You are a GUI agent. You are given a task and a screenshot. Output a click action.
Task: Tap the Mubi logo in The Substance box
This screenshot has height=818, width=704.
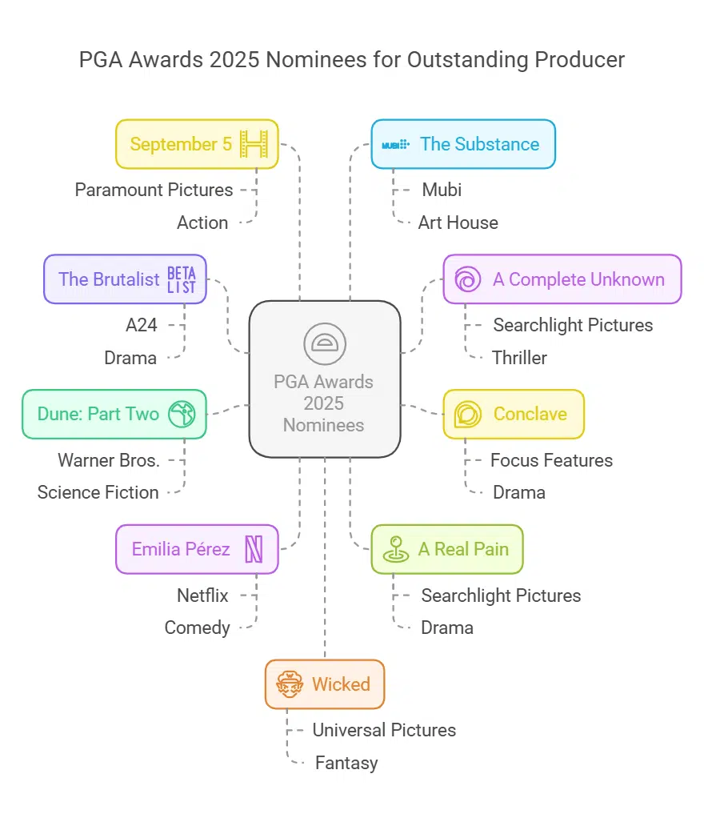[395, 145]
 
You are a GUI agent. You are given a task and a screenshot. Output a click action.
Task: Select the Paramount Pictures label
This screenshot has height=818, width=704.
[154, 190]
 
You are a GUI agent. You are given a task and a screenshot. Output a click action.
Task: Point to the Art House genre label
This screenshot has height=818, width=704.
[458, 223]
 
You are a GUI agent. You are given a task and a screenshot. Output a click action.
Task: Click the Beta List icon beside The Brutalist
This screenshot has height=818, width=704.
[181, 279]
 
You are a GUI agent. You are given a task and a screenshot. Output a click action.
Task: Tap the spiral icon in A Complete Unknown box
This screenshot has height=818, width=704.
[467, 279]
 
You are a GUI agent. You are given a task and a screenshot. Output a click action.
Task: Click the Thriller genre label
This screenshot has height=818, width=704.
[520, 358]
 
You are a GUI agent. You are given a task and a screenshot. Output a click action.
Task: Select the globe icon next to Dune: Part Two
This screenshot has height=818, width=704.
[180, 415]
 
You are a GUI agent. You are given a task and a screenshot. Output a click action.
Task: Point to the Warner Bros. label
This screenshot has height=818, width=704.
[109, 460]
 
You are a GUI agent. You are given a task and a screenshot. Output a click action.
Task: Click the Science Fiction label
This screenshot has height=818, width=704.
[98, 492]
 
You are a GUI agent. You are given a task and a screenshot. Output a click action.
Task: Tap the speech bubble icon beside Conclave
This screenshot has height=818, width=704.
[467, 415]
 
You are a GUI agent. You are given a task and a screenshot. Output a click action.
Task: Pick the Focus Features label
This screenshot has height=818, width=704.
[551, 460]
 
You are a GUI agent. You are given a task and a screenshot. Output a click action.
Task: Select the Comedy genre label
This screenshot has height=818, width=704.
[197, 628]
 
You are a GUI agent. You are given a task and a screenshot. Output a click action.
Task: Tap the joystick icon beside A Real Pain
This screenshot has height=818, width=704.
[395, 550]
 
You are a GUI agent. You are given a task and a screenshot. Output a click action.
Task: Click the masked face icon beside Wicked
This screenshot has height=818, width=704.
[289, 684]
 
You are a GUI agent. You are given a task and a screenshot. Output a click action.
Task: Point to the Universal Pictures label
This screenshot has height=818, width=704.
[384, 730]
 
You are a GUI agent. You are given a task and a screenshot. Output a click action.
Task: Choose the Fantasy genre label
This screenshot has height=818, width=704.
[346, 763]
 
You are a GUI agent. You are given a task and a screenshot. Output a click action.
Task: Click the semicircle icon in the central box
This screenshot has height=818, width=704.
[324, 343]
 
